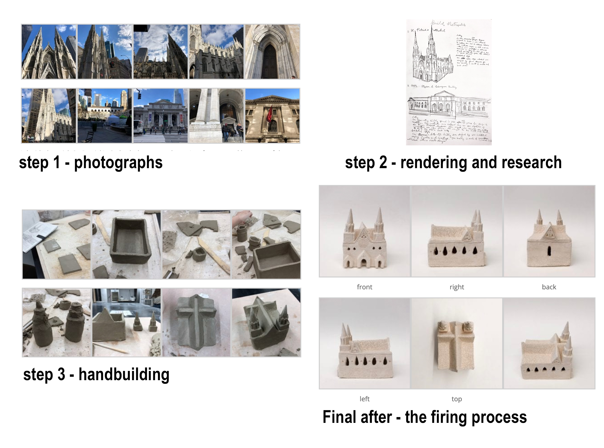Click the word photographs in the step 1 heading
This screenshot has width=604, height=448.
pos(118,163)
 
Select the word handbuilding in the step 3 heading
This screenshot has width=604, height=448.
pos(124,375)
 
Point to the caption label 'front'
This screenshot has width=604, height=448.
pos(364,287)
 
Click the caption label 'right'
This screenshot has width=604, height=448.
pos(457,287)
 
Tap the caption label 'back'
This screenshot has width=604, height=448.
pos(549,287)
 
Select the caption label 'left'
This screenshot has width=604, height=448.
pos(364,399)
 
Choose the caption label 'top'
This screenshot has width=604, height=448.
pos(456,399)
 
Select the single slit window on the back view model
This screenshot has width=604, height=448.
pos(549,251)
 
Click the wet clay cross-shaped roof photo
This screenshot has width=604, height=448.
pos(196,322)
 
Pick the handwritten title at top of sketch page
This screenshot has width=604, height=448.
pos(448,24)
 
